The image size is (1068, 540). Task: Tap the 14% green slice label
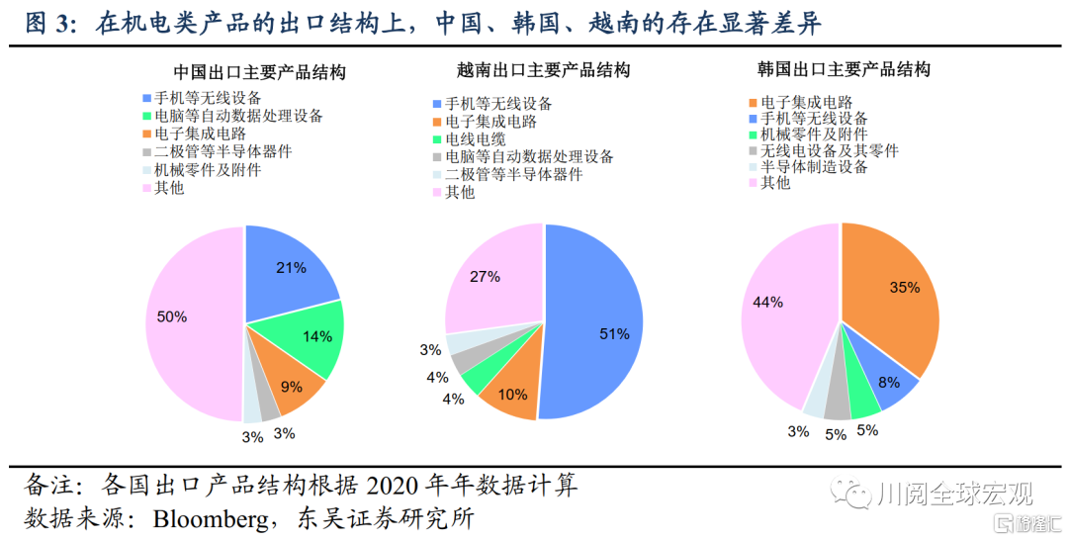317,336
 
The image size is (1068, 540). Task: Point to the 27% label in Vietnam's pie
485,277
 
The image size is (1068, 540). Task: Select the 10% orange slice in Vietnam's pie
513,395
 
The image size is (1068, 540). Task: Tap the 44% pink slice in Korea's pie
768,302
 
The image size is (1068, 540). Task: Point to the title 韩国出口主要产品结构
844,70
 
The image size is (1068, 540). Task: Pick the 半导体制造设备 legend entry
813,167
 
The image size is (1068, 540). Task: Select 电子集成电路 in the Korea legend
806,102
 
